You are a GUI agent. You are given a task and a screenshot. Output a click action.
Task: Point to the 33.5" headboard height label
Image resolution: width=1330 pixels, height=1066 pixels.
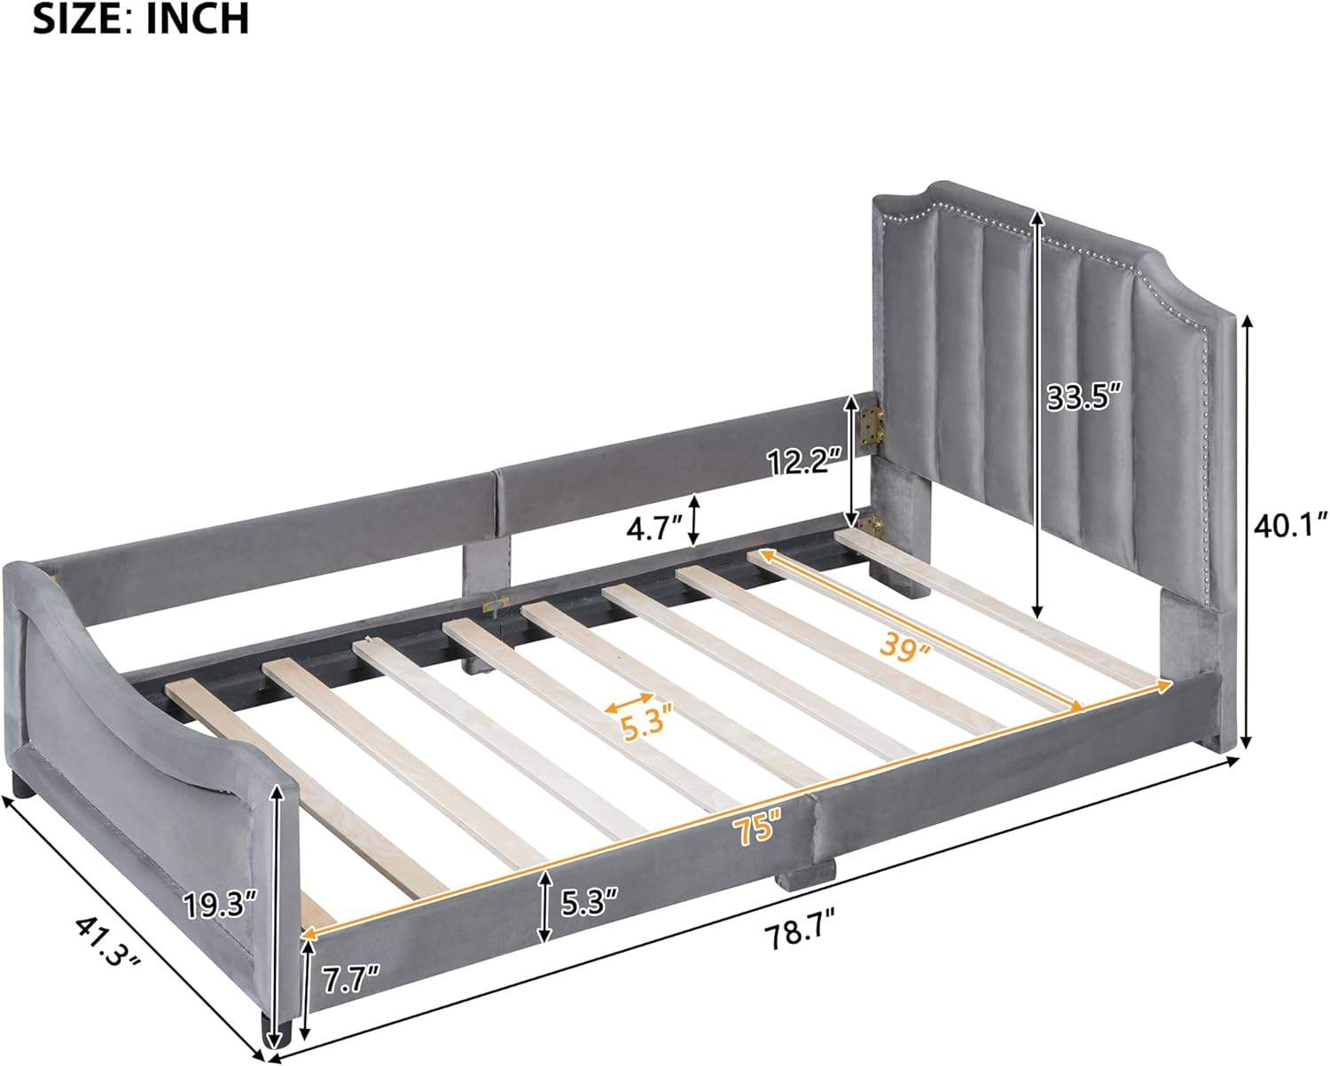coord(1084,396)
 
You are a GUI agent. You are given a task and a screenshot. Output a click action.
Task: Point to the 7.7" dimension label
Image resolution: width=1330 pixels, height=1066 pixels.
coord(350,980)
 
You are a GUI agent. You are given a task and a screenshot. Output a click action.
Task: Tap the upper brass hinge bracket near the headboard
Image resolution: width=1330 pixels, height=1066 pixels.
coord(876,424)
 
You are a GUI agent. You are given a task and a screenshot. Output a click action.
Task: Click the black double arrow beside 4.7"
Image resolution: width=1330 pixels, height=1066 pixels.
coord(694,520)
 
